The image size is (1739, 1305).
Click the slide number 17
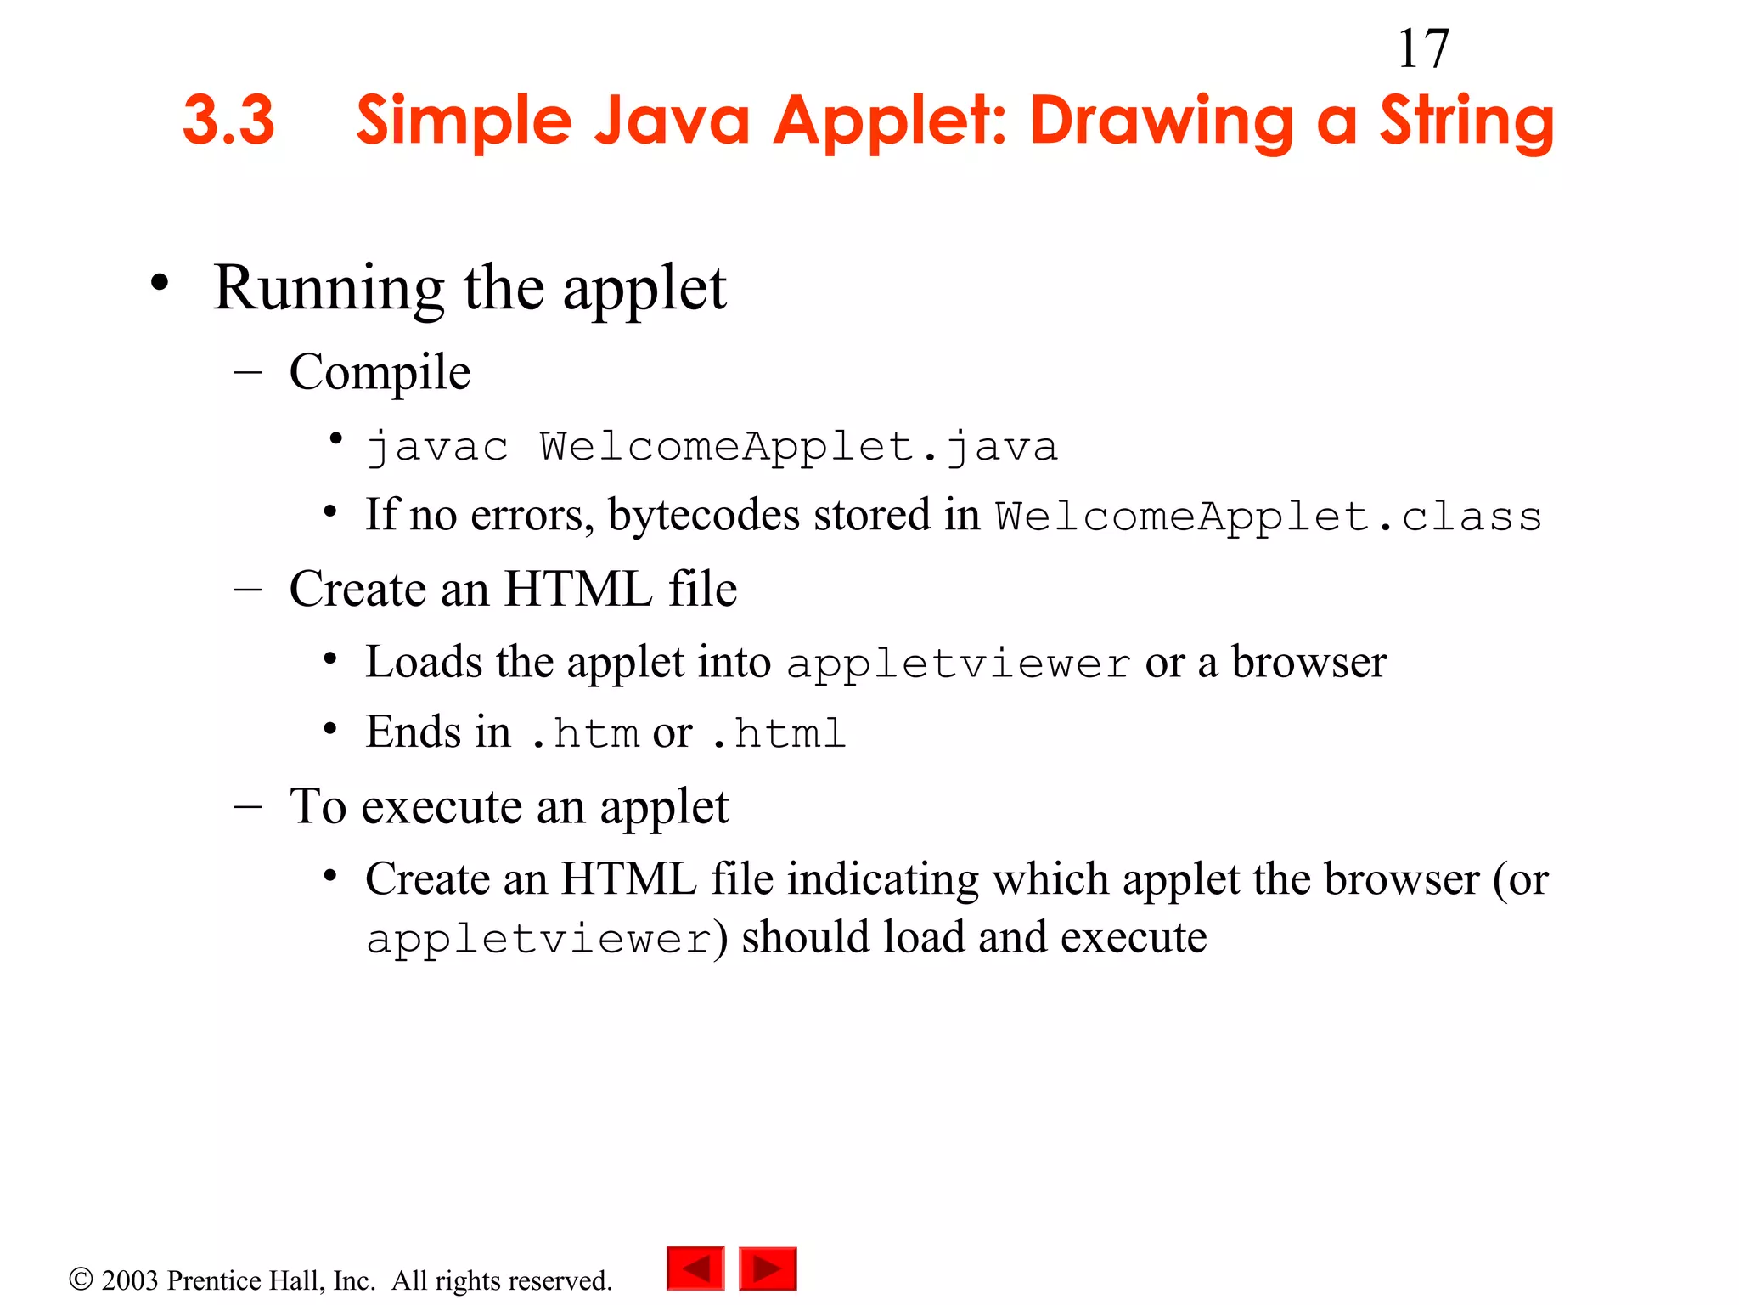click(1423, 49)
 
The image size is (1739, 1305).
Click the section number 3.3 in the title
click(228, 120)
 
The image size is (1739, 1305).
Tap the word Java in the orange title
click(672, 120)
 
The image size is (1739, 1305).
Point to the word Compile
click(380, 372)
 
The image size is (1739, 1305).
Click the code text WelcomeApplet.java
click(798, 447)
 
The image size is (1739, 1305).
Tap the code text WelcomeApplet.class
click(1269, 517)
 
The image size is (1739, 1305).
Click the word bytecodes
click(704, 515)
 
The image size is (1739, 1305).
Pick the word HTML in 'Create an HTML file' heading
click(578, 589)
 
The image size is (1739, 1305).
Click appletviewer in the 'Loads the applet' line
click(959, 664)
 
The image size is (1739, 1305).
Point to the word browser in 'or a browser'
click(1308, 662)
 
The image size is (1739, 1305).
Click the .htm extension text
click(585, 733)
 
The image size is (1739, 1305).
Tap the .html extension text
click(778, 733)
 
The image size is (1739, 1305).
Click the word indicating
click(882, 878)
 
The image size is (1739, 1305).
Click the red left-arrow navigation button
click(695, 1268)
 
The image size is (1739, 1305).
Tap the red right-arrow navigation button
click(768, 1268)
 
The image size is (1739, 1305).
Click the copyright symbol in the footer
click(81, 1279)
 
